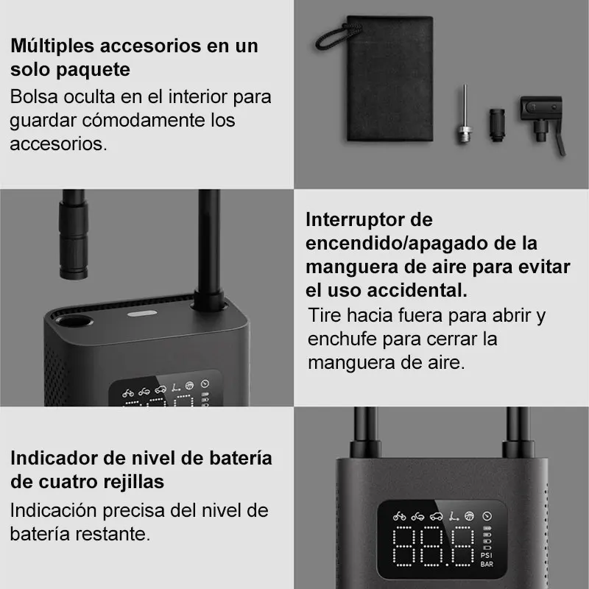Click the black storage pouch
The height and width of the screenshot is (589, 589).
[389, 79]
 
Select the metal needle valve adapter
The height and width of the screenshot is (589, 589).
[465, 114]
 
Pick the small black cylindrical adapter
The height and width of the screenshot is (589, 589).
[497, 125]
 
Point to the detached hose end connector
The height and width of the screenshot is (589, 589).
[73, 234]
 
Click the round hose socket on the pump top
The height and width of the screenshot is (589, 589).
[74, 321]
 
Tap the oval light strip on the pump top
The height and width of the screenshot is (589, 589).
[142, 314]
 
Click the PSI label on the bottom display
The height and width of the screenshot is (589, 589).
[487, 555]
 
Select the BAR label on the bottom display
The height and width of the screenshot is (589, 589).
[487, 564]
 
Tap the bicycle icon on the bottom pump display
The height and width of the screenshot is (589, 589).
[399, 517]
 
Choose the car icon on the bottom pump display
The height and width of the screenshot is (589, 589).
[436, 517]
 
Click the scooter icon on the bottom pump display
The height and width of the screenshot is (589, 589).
[454, 516]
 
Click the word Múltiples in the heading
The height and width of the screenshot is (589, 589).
[52, 46]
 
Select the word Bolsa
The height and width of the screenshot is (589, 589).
[34, 97]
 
